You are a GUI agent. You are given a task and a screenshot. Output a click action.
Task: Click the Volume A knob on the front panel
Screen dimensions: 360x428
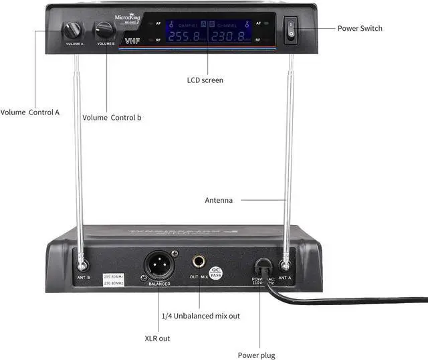point(72,30)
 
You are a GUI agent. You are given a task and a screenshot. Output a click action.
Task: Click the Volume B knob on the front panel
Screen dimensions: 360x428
point(104,29)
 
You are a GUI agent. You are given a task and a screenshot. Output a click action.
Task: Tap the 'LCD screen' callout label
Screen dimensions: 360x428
point(205,80)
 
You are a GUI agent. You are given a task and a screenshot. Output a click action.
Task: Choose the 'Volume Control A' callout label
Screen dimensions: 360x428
point(30,112)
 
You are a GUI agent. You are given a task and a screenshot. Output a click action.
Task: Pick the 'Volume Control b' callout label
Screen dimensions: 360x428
point(112,118)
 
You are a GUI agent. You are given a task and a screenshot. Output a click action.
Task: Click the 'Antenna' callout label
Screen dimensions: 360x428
point(219,200)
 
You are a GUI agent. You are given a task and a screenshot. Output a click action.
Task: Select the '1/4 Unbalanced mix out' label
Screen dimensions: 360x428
point(200,316)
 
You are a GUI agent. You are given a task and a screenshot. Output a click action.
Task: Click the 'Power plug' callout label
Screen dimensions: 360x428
point(256,355)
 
